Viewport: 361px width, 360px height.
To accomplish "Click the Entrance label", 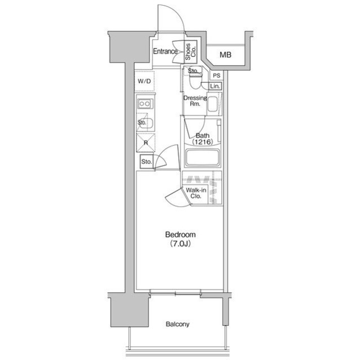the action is pyautogui.click(x=165, y=51).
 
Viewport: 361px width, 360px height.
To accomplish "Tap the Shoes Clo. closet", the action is pyautogui.click(x=191, y=52).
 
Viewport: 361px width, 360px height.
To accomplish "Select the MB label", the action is pyautogui.click(x=225, y=55).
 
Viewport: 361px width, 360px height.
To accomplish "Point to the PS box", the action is pyautogui.click(x=217, y=75).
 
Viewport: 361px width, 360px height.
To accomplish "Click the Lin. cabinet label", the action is pyautogui.click(x=215, y=86).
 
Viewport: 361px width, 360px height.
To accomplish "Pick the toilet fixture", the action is pyautogui.click(x=195, y=80).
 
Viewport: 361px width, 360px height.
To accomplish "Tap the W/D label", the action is pyautogui.click(x=144, y=81).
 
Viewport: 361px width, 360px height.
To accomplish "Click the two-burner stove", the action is pyautogui.click(x=145, y=104).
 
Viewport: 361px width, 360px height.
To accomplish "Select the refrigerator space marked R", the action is pyautogui.click(x=146, y=143).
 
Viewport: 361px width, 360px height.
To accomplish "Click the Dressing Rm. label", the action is pyautogui.click(x=195, y=101).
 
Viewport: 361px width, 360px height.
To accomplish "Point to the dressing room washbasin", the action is pyautogui.click(x=212, y=104).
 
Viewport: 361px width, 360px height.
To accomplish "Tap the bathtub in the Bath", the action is pyautogui.click(x=202, y=157).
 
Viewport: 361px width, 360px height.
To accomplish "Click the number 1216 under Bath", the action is pyautogui.click(x=202, y=142).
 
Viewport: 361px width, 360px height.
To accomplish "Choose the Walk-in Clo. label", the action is pyautogui.click(x=196, y=193).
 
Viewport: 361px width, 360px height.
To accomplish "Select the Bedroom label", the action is pyautogui.click(x=180, y=235).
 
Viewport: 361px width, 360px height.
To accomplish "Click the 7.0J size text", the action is pyautogui.click(x=180, y=243).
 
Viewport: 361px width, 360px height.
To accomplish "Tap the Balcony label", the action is pyautogui.click(x=178, y=324).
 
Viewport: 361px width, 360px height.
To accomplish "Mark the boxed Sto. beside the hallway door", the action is pyautogui.click(x=147, y=162).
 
